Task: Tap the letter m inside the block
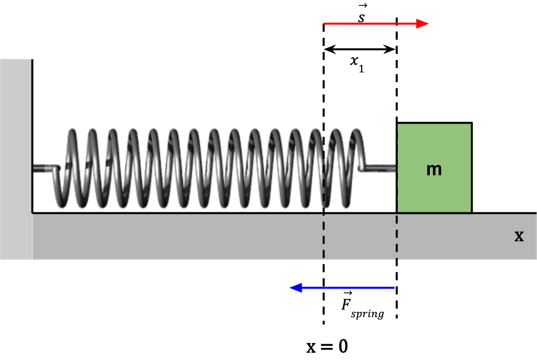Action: click(434, 170)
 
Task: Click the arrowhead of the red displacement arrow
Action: click(422, 24)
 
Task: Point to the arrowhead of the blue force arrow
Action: click(296, 288)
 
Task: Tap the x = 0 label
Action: click(327, 346)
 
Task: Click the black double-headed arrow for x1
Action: click(360, 49)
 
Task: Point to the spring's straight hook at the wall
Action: click(44, 169)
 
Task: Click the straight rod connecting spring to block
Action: click(381, 169)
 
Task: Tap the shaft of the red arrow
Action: click(368, 24)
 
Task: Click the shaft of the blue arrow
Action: click(346, 288)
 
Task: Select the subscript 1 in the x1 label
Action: click(361, 69)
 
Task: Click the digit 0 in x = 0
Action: click(342, 346)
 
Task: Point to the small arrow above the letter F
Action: click(349, 292)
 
